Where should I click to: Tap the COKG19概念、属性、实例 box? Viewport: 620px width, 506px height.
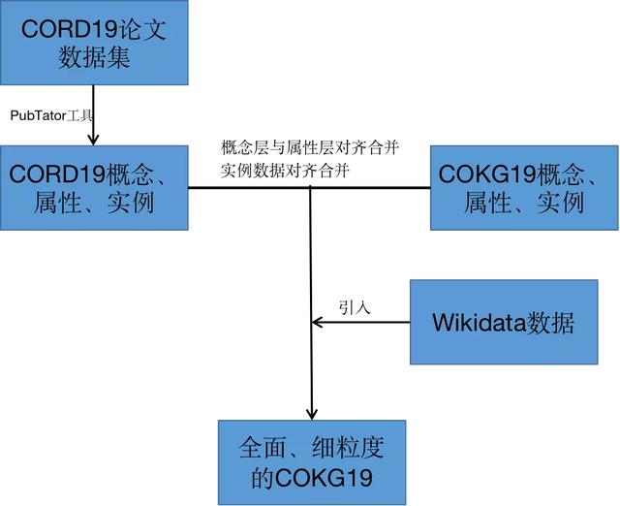[x=523, y=188]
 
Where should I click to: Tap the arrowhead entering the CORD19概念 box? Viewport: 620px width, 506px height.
[x=93, y=140]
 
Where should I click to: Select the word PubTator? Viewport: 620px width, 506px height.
[x=34, y=115]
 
